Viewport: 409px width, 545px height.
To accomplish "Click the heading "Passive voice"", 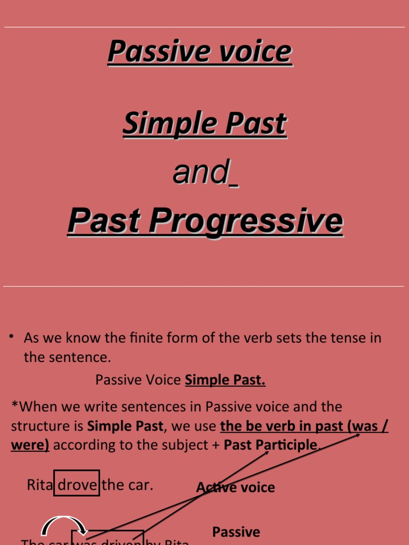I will click(x=200, y=51).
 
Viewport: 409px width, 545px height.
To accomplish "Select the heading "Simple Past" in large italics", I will click(x=204, y=123).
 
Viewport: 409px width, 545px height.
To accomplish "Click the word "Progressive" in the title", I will click(x=246, y=220).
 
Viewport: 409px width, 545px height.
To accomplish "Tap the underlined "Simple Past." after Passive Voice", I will click(x=225, y=380).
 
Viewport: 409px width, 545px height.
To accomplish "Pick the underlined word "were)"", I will click(x=30, y=445).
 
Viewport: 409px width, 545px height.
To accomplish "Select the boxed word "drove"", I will click(x=77, y=485).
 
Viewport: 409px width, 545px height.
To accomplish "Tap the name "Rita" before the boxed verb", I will click(x=40, y=485).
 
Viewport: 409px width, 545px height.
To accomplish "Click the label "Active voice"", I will click(x=235, y=487).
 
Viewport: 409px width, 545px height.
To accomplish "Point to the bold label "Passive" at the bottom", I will click(x=236, y=532).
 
